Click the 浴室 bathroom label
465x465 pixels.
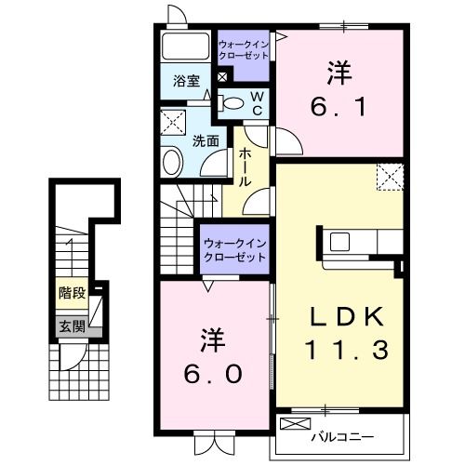[186, 81]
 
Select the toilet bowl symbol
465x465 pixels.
[233, 102]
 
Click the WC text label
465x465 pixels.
[258, 102]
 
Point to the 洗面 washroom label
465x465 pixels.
[206, 141]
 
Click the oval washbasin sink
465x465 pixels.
[173, 164]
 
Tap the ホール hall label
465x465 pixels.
[246, 167]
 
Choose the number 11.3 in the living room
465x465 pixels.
[343, 352]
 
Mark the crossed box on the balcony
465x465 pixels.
[294, 425]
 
